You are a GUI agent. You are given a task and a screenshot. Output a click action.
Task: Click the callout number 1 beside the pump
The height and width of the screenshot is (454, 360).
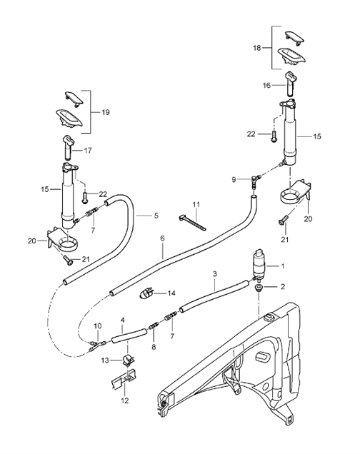pos(281,266)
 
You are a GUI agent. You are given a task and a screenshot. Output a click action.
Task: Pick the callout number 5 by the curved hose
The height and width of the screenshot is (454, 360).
pos(162,238)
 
